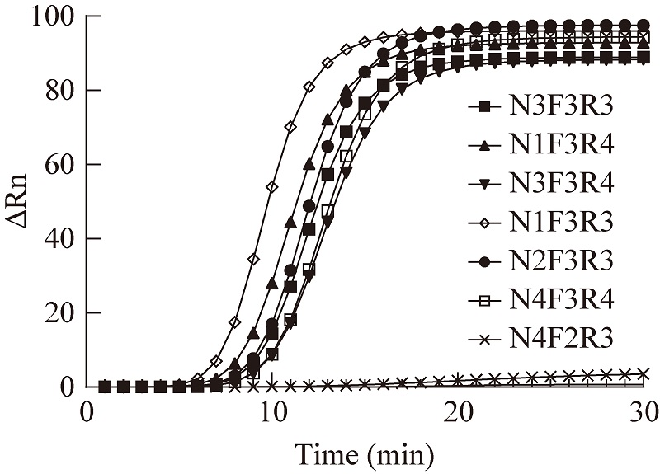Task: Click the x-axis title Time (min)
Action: click(x=365, y=452)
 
